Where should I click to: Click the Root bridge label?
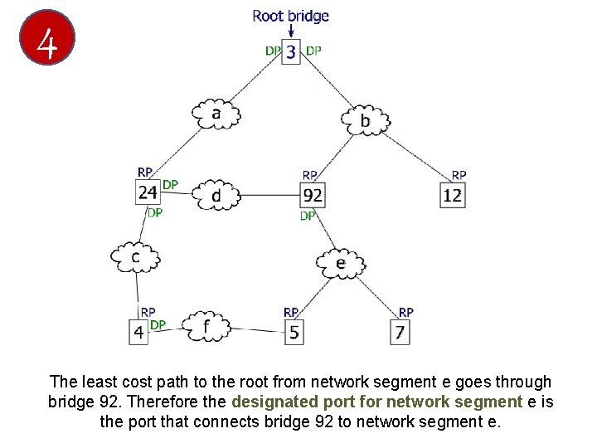(290, 16)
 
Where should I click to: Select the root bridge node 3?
(291, 52)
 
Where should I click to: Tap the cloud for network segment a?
(216, 114)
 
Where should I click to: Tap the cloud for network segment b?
(365, 121)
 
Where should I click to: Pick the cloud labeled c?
(135, 256)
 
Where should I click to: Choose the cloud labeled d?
(216, 196)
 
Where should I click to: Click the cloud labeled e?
(341, 263)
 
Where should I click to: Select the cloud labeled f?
(205, 326)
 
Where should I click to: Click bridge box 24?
(148, 193)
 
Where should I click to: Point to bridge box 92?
(312, 196)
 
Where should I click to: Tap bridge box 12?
(452, 196)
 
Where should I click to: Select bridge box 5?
(294, 332)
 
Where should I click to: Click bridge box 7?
(401, 333)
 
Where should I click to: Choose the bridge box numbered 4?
(138, 332)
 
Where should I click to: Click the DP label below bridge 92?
(308, 216)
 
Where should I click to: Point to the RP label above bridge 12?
(459, 175)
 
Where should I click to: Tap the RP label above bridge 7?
(406, 312)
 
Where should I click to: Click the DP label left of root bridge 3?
(273, 51)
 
